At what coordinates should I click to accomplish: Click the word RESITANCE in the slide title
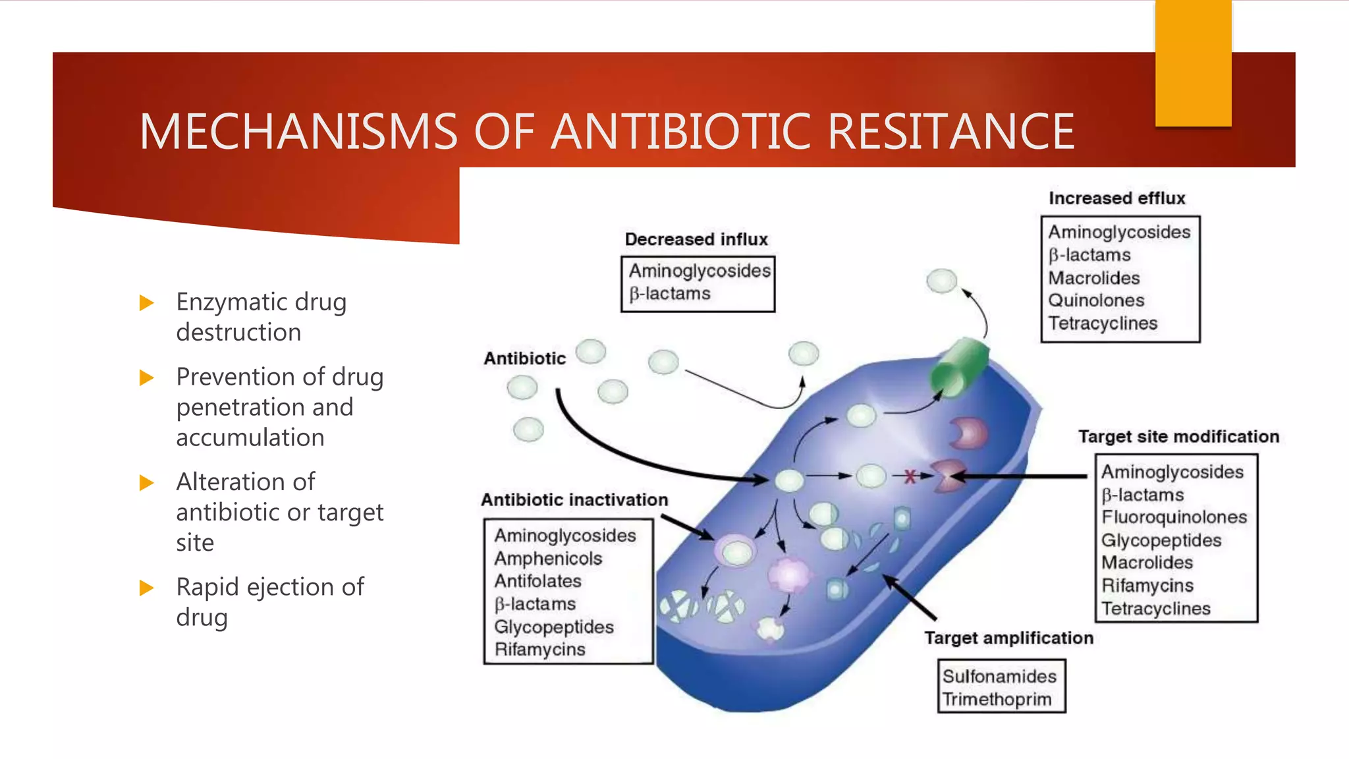[x=950, y=132]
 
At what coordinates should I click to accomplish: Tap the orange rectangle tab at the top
[x=1193, y=63]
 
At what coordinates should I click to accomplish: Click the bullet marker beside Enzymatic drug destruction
[x=147, y=303]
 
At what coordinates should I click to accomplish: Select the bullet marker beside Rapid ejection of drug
[x=147, y=588]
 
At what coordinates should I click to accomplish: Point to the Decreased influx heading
[x=696, y=239]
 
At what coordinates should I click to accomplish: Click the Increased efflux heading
[x=1116, y=198]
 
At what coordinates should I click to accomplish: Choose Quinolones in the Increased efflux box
[x=1096, y=300]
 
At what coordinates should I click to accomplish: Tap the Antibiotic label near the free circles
[x=524, y=358]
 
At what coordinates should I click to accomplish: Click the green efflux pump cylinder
[x=960, y=366]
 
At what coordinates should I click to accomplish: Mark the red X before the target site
[x=910, y=476]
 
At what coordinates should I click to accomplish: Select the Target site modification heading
[x=1178, y=437]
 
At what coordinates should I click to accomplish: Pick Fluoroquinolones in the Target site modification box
[x=1174, y=517]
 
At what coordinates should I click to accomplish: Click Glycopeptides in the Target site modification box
[x=1161, y=540]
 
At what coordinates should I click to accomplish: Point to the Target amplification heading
[x=1008, y=638]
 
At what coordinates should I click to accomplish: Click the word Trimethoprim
[x=997, y=699]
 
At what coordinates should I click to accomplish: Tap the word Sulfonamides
[x=999, y=677]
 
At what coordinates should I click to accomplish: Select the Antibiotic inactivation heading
[x=574, y=500]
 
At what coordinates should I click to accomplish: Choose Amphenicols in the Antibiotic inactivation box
[x=548, y=559]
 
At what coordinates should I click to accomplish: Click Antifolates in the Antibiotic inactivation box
[x=537, y=581]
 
